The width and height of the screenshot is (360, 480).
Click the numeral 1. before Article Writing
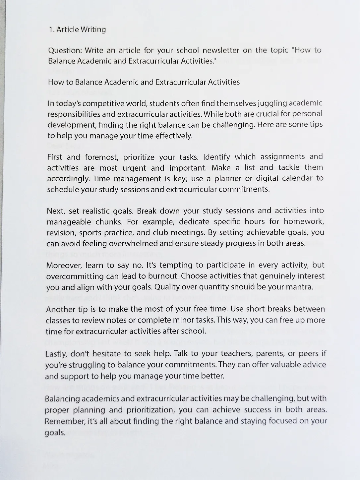[x=51, y=30]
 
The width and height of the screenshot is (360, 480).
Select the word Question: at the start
[x=65, y=51]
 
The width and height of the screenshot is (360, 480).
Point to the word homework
[x=303, y=221]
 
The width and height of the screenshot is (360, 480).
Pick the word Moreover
[x=64, y=266]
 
